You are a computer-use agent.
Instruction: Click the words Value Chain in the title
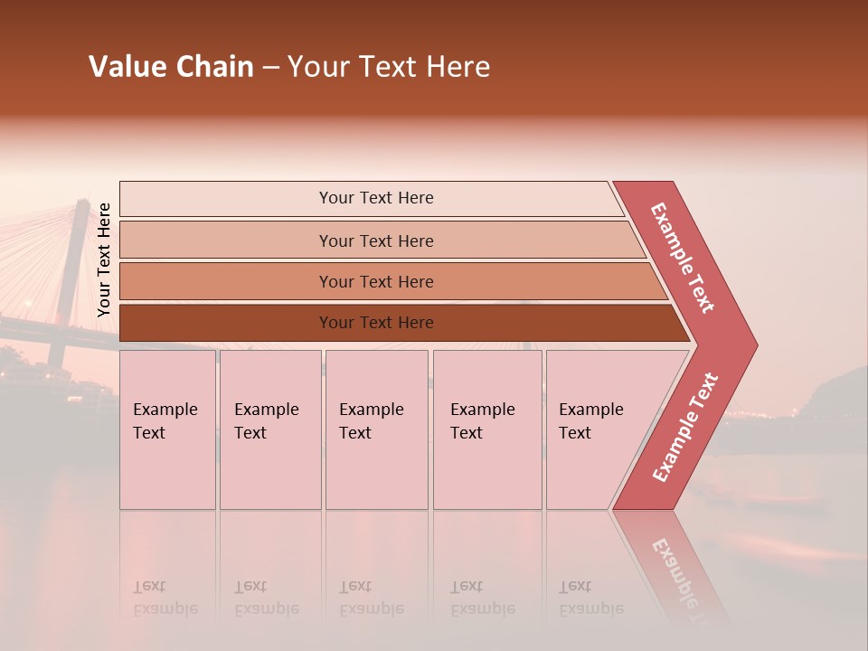[x=171, y=67]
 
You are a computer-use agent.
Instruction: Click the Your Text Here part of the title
[x=389, y=67]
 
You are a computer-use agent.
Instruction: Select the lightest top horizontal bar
[x=371, y=198]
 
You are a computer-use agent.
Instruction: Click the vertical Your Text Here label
[x=104, y=260]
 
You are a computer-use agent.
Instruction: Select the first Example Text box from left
[x=167, y=429]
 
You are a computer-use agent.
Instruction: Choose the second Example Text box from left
[x=269, y=429]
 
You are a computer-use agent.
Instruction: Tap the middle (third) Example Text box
[x=375, y=429]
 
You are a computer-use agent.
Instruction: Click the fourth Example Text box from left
[x=486, y=429]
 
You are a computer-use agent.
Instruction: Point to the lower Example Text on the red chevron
[x=685, y=428]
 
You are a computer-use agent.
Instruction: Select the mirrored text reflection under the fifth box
[x=590, y=599]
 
